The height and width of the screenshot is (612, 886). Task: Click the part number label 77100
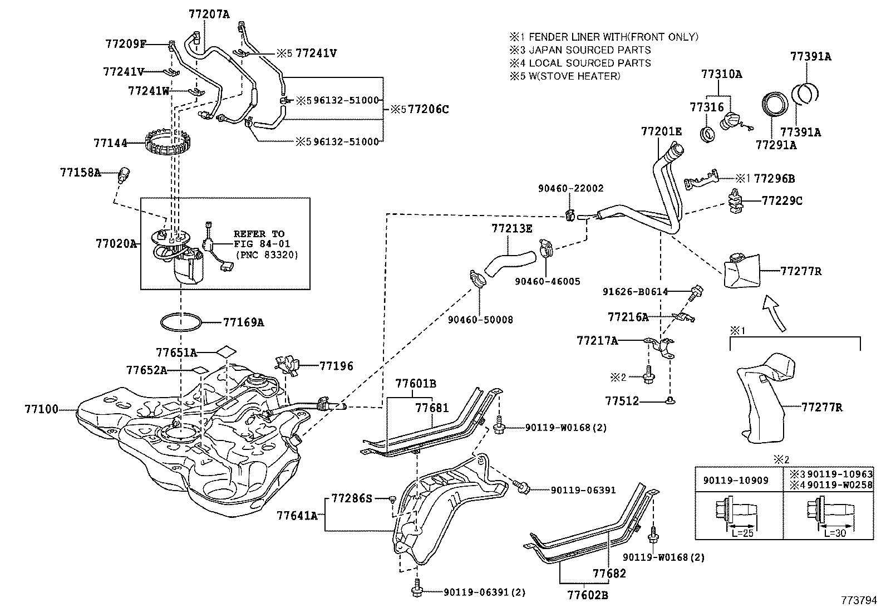tap(41, 410)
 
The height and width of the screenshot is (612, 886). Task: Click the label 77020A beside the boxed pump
tap(116, 243)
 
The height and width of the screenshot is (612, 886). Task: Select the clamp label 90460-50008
tap(480, 320)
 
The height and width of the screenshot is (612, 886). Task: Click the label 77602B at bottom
tap(587, 595)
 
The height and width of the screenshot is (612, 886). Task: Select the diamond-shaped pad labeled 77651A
tap(225, 352)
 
